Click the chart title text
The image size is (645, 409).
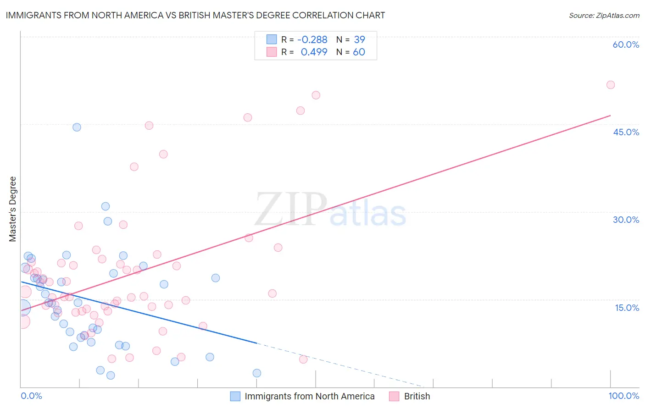[195, 15]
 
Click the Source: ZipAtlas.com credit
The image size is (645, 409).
[604, 16]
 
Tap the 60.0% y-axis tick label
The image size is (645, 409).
[626, 44]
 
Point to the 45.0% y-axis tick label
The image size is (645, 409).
[626, 132]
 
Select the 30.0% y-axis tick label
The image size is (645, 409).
[626, 220]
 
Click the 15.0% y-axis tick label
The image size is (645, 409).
[627, 308]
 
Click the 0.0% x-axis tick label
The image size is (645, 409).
[31, 396]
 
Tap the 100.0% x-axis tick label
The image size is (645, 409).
[623, 396]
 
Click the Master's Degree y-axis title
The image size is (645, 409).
[13, 209]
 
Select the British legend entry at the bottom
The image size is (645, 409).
[417, 397]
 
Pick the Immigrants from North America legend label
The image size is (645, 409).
[309, 397]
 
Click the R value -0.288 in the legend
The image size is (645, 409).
[312, 40]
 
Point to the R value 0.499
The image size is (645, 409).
[314, 52]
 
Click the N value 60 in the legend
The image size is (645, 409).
[359, 52]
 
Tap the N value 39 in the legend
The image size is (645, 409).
[359, 40]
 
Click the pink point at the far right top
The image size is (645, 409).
[610, 85]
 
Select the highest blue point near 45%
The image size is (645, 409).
[77, 127]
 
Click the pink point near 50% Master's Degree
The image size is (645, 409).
[316, 95]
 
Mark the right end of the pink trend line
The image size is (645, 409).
[610, 116]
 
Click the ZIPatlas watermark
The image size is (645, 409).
[330, 210]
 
